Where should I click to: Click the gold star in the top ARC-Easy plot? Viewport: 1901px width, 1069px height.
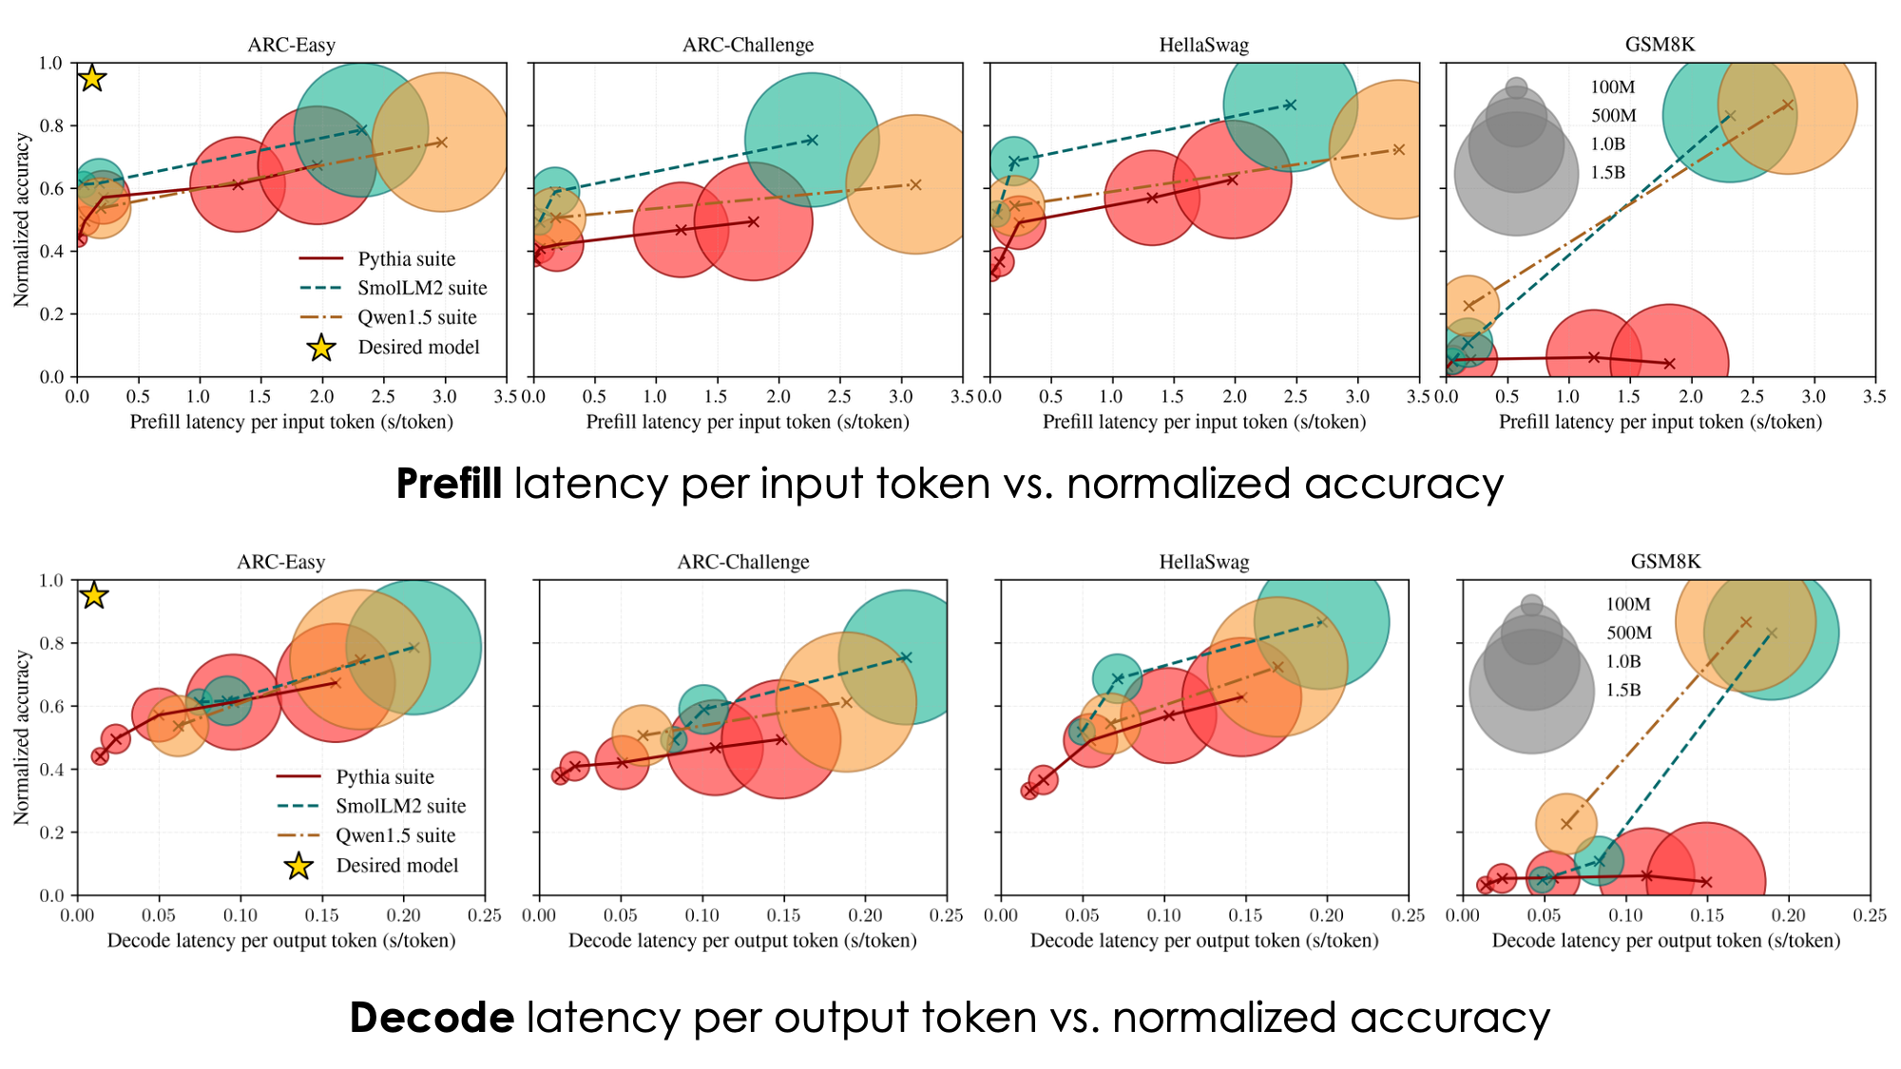[x=91, y=78]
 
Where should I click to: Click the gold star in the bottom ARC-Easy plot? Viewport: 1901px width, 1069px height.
[x=93, y=596]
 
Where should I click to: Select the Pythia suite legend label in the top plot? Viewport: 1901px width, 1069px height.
[x=406, y=259]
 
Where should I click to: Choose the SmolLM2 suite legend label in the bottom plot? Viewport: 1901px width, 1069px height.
[x=400, y=806]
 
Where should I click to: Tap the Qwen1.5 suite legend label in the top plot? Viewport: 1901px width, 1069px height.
[x=417, y=317]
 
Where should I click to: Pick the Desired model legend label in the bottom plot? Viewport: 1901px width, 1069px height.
[x=396, y=865]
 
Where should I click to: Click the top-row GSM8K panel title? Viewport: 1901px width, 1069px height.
[x=1660, y=45]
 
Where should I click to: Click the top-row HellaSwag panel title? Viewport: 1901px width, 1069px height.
[x=1203, y=45]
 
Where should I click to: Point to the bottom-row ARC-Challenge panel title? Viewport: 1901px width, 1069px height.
[x=742, y=562]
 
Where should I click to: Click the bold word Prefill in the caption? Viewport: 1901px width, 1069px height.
[x=449, y=484]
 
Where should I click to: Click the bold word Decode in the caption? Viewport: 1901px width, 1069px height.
[x=432, y=1018]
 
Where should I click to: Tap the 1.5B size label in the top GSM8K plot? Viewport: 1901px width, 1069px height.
[x=1607, y=173]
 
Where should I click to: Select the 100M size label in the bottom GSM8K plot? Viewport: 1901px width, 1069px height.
[x=1628, y=604]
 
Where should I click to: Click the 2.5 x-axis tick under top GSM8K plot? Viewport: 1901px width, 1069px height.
[x=1752, y=395]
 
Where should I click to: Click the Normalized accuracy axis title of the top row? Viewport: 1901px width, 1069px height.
[x=21, y=220]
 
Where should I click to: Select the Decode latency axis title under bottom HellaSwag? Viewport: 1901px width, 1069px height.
[x=1203, y=940]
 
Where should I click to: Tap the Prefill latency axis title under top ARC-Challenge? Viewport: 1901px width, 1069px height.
[x=747, y=422]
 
